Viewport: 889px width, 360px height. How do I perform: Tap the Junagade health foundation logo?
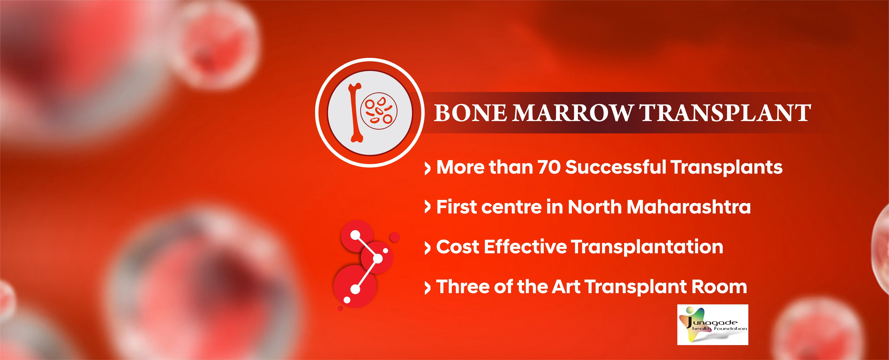(713, 324)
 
